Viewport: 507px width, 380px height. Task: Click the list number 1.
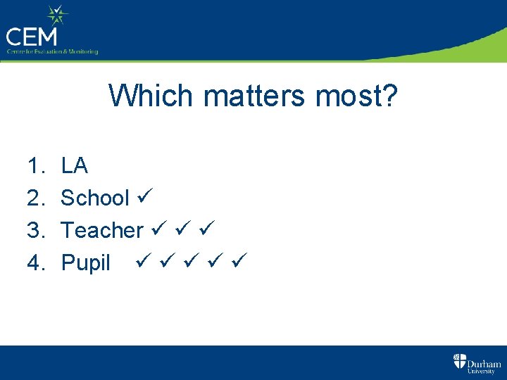click(34, 166)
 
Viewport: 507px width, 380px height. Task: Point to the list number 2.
click(35, 198)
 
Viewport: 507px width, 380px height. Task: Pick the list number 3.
click(35, 230)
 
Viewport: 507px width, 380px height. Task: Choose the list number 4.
click(35, 262)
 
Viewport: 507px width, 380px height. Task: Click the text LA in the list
click(74, 166)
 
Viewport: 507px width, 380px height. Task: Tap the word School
click(94, 198)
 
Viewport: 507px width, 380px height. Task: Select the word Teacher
click(102, 230)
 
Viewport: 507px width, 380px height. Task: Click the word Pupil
click(86, 263)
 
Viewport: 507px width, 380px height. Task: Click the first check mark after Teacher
click(158, 229)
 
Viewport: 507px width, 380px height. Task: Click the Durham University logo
click(477, 363)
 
